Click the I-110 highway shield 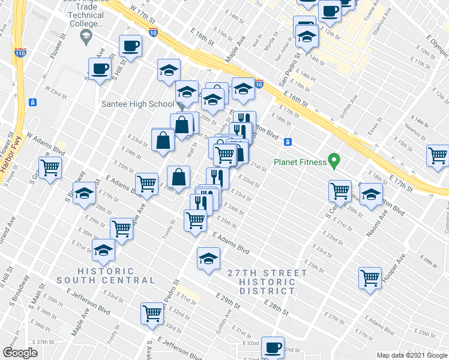click(19, 52)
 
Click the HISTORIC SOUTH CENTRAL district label click(107, 275)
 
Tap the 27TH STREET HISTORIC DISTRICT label click(267, 282)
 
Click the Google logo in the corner click(20, 353)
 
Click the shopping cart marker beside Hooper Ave click(370, 278)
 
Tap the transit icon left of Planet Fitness click(288, 142)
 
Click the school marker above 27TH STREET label click(208, 259)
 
